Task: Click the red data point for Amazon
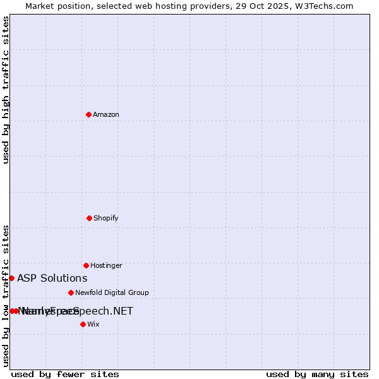tap(89, 114)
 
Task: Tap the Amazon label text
tap(106, 114)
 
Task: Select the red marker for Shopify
tap(89, 218)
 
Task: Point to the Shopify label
tap(106, 218)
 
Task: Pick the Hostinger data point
tap(86, 265)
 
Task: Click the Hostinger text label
tap(106, 265)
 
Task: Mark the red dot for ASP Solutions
tap(11, 278)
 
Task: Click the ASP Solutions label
tap(52, 278)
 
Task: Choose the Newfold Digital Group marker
tap(71, 292)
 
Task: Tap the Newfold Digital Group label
tap(112, 292)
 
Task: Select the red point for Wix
tap(83, 324)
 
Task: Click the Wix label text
tap(93, 324)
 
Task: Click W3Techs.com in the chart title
tap(329, 6)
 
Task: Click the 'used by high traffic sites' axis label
tap(6, 90)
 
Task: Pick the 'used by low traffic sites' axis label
tap(6, 296)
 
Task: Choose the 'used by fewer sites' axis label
tap(65, 374)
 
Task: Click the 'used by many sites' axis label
tap(317, 374)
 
